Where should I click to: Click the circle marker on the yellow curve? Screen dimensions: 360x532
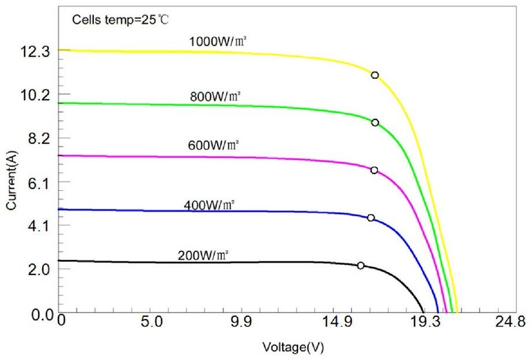(375, 75)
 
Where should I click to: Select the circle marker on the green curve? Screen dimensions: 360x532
(375, 122)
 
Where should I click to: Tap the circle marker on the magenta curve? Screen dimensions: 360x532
(374, 170)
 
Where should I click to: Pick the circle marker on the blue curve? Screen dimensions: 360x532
(371, 217)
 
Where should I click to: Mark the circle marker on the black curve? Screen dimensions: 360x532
(361, 265)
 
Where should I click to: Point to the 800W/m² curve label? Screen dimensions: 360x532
(215, 96)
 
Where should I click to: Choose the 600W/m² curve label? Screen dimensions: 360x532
(213, 145)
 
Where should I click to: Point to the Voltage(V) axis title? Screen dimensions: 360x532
(289, 347)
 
